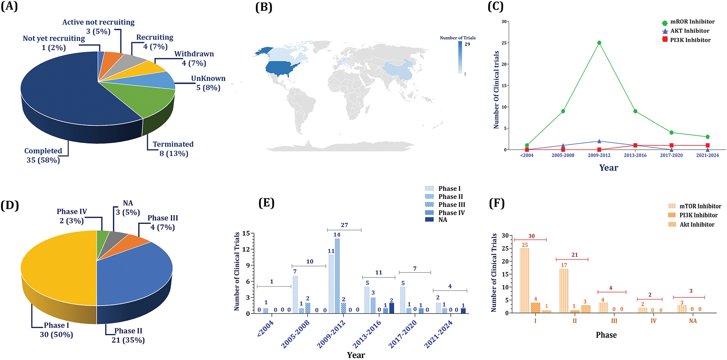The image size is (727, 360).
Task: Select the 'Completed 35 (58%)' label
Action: (43, 156)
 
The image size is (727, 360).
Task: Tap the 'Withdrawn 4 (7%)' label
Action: (194, 58)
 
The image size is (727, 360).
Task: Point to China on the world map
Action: (397, 71)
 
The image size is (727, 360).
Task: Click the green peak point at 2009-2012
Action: (599, 43)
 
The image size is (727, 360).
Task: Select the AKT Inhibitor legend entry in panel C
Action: (690, 31)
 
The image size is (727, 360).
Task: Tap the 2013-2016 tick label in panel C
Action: (635, 155)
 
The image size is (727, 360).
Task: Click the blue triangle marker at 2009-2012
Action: (599, 141)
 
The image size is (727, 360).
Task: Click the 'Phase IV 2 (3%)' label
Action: (72, 216)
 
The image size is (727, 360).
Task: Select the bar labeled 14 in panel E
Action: (337, 275)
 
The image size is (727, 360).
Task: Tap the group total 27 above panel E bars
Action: (344, 225)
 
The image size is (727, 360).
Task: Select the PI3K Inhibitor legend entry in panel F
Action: (698, 215)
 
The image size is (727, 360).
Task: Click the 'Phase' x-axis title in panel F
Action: (606, 335)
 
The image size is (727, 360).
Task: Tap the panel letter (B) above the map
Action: (264, 7)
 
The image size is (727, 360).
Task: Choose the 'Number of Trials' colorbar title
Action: (458, 38)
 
